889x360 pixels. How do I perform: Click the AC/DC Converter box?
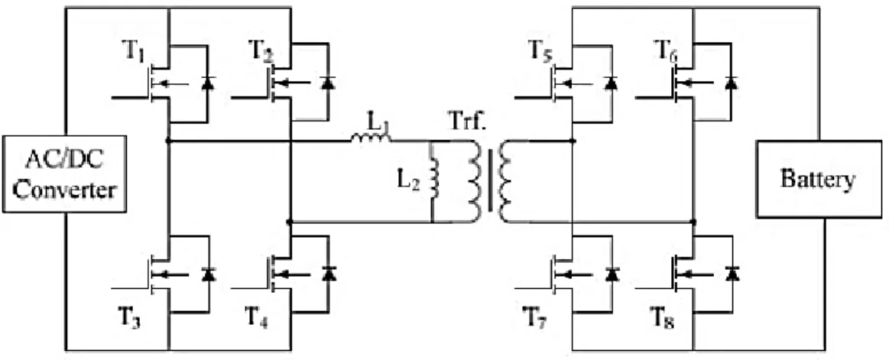(63, 174)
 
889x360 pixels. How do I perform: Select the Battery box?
(819, 179)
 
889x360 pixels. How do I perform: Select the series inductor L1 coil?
(371, 135)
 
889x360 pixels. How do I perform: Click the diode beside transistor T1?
(208, 83)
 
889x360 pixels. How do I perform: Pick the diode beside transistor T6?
(732, 83)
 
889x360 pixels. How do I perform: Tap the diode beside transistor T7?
(612, 274)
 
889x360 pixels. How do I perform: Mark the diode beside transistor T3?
(209, 274)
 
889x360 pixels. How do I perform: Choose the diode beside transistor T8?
(732, 274)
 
